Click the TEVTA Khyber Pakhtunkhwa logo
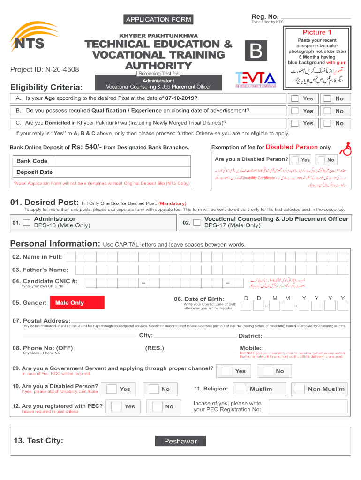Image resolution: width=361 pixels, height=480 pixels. tap(256, 79)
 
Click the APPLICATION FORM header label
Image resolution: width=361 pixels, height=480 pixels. tap(158, 19)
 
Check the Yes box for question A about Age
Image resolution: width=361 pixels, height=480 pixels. tap(294, 98)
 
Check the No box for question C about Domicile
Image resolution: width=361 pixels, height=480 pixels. tap(327, 123)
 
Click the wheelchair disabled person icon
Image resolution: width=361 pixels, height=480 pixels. tap(347, 148)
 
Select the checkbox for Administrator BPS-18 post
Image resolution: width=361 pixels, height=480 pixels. tap(27, 222)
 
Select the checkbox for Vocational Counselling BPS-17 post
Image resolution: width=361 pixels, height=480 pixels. tap(197, 222)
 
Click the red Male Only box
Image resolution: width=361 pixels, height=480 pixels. tap(77, 302)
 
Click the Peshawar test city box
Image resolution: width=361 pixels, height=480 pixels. tap(180, 441)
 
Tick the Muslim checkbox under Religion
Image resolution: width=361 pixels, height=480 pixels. tap(241, 389)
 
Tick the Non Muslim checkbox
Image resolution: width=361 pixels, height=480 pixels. tap(299, 389)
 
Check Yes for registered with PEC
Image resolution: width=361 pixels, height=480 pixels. tap(117, 406)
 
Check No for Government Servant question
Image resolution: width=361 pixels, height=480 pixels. tap(268, 371)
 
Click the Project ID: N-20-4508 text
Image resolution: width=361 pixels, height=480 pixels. tap(45, 70)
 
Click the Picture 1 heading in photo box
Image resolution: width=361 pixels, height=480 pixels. tap(317, 32)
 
